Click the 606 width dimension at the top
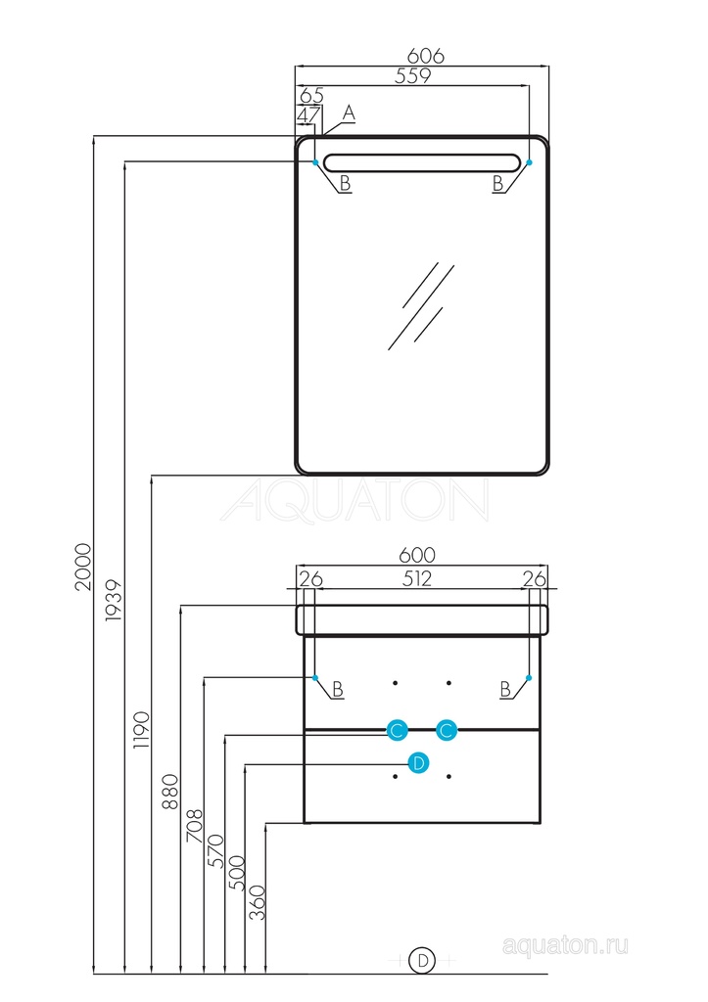426,57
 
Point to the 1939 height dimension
115,596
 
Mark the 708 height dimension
194,827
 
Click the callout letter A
349,114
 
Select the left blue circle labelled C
397,730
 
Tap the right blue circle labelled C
447,730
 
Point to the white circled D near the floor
423,961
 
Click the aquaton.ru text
565,945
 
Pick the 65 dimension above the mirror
311,96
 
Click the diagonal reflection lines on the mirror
421,304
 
